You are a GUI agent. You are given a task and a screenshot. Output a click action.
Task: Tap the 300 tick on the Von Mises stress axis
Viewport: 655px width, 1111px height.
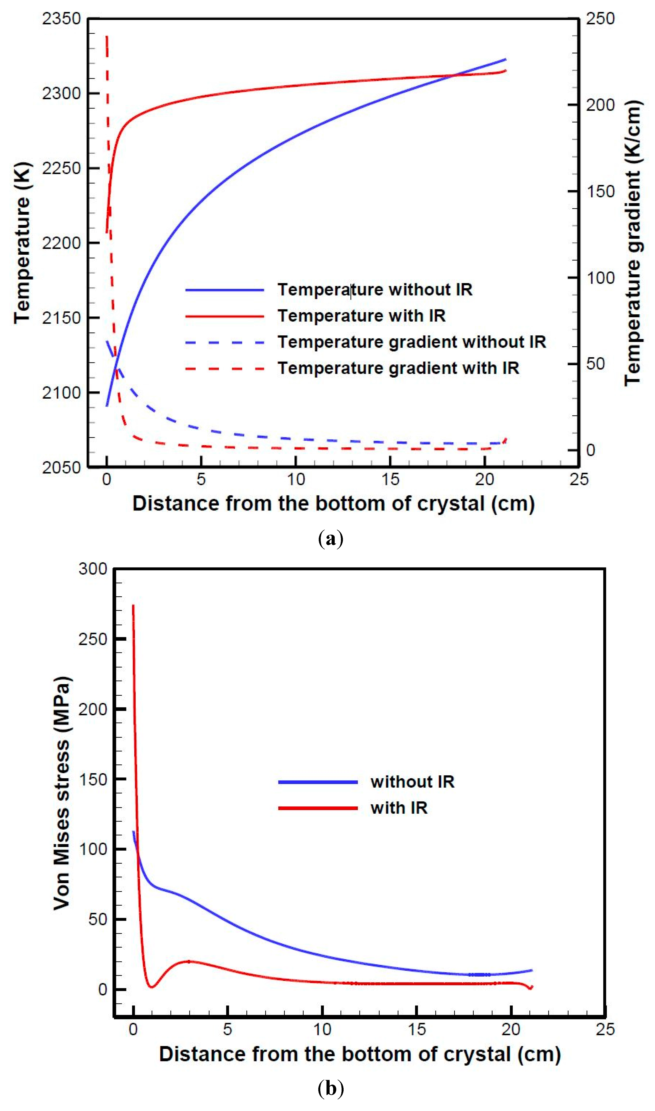(93, 569)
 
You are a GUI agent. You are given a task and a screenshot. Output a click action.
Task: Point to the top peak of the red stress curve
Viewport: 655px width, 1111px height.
(133, 606)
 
